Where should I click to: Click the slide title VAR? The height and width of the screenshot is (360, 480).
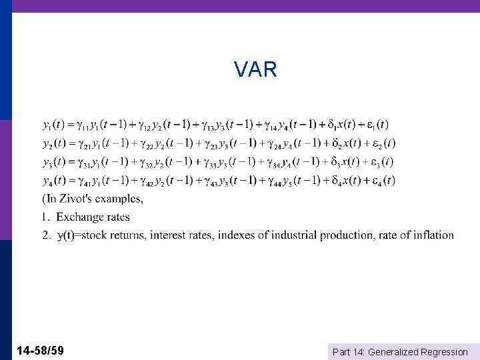255,69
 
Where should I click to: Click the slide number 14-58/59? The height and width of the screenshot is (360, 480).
41,350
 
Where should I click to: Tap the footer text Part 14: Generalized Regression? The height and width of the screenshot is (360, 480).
400,351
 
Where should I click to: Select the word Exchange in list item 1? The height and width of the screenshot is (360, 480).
79,217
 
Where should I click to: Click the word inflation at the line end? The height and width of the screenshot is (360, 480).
433,235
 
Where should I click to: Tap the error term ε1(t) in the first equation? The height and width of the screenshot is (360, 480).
377,125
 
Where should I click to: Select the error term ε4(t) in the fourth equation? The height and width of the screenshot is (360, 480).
383,181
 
